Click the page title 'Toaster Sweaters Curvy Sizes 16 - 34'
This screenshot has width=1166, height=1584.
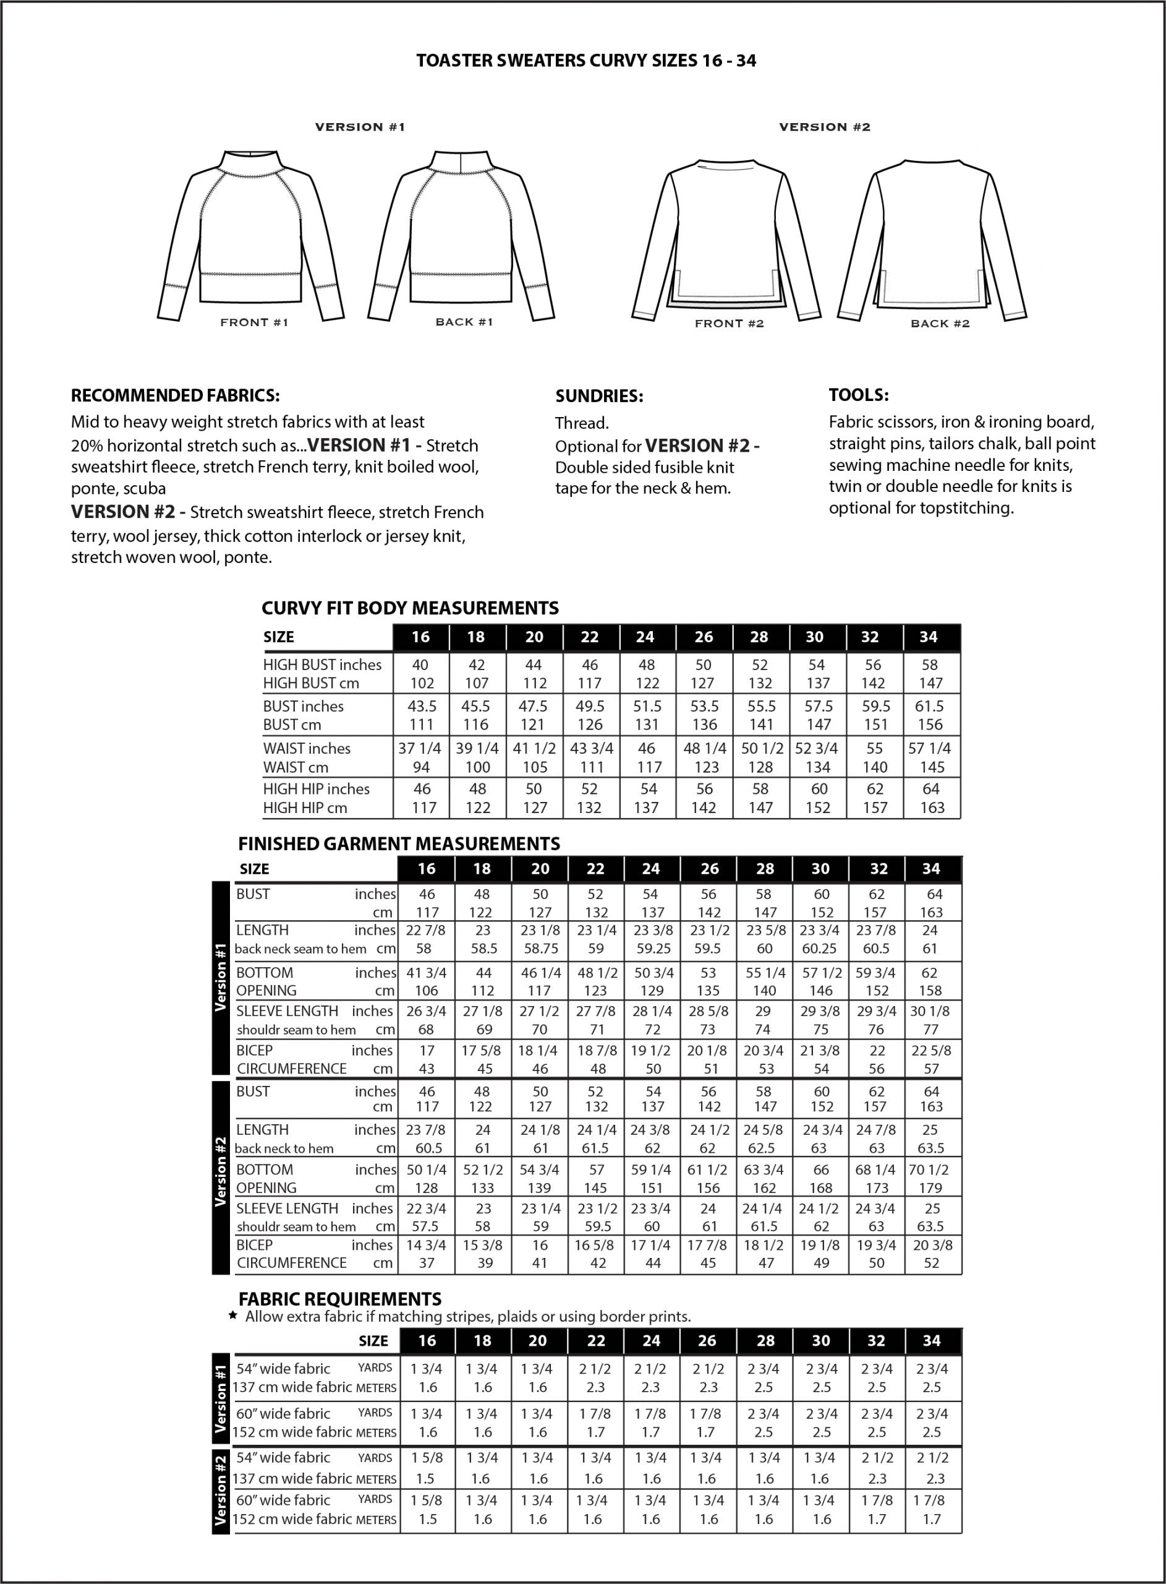(x=586, y=61)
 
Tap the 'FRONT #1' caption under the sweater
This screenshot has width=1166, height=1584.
(x=254, y=323)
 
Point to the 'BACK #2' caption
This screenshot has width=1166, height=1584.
(x=940, y=324)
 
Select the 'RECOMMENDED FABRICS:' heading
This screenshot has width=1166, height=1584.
(x=175, y=395)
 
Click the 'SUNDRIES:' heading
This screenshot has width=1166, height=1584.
(x=598, y=396)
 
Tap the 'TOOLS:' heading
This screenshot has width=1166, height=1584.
(x=858, y=395)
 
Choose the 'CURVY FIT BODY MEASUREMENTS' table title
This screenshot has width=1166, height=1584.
(x=409, y=608)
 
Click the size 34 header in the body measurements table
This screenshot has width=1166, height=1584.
(x=928, y=637)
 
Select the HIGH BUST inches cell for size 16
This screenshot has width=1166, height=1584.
(x=420, y=665)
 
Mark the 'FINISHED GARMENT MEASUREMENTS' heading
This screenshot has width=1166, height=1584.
(x=399, y=843)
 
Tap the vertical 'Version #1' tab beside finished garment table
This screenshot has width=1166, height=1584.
(x=221, y=978)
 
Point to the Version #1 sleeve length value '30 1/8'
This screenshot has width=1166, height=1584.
(x=930, y=1011)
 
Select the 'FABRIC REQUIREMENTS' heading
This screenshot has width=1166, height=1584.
(x=339, y=1299)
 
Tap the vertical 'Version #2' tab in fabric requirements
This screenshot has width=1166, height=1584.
(x=221, y=1489)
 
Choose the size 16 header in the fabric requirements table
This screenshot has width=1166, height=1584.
(x=427, y=1341)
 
